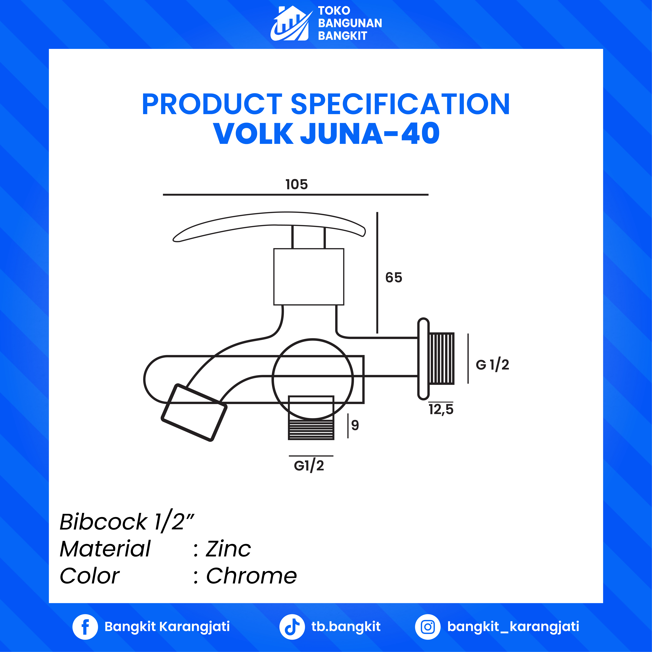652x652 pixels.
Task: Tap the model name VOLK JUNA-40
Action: [326, 134]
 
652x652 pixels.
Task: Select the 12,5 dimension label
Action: [441, 409]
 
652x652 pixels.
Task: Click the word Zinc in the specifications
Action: [228, 549]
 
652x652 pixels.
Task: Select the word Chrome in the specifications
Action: [251, 576]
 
